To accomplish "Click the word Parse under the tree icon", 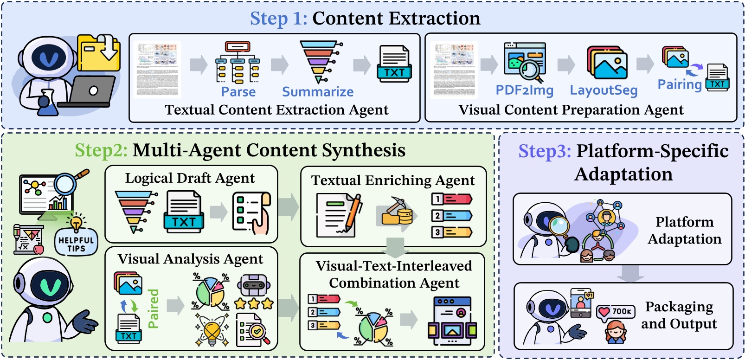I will tap(238, 92).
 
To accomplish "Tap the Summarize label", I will tap(318, 92).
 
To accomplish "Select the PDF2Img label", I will tap(524, 90).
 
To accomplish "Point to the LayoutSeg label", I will tap(604, 90).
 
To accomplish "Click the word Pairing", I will tap(680, 84).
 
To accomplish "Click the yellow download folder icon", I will tap(99, 52).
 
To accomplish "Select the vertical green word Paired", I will tap(154, 309).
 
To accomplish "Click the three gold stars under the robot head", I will tap(254, 304).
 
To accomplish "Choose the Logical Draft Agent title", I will tap(190, 178).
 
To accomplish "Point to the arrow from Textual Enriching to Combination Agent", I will tap(395, 247).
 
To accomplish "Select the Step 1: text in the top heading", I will tap(278, 19).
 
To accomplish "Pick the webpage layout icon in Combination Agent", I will tap(451, 321).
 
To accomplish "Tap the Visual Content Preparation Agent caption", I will tap(571, 110).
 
